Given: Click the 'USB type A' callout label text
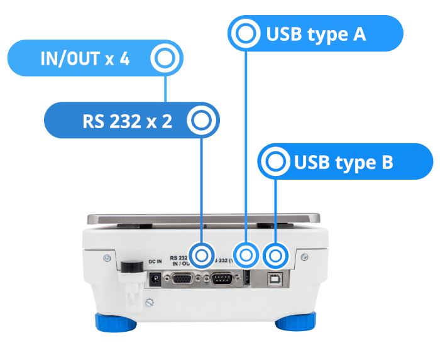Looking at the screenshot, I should [316, 34].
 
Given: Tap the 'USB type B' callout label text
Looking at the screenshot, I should [343, 163].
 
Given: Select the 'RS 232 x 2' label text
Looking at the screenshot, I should [127, 121].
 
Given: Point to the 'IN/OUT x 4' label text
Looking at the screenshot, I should [85, 60].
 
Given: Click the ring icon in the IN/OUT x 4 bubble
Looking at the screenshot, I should [165, 59].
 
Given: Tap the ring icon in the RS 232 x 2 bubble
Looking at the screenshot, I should [202, 121].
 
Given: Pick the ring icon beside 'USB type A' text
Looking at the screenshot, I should [245, 34].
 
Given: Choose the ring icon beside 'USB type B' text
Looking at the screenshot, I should [275, 163].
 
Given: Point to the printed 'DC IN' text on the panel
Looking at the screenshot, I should [155, 261].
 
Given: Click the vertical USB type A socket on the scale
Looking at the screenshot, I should [247, 278].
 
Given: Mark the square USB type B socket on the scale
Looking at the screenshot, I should [274, 278].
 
